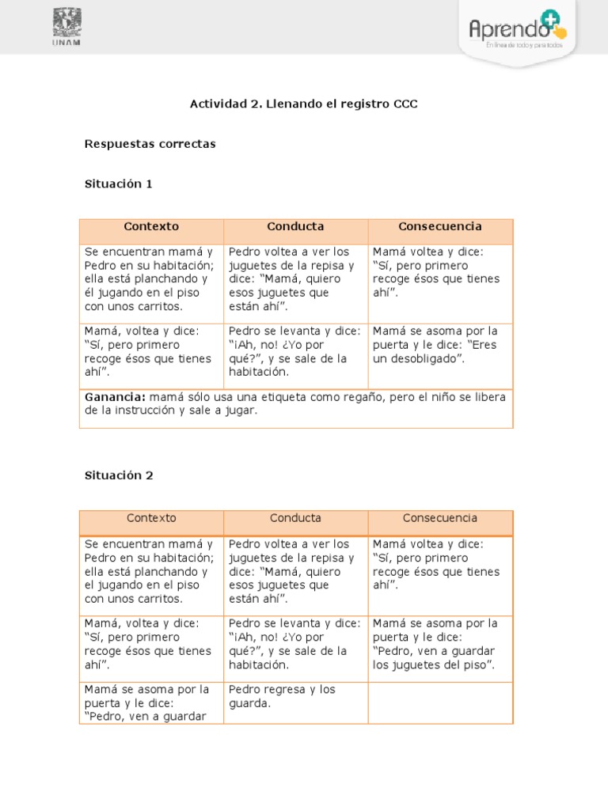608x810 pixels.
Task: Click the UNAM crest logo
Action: (x=67, y=21)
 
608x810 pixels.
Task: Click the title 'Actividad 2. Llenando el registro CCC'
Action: (x=303, y=104)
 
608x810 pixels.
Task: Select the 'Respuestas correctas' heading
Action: (x=150, y=144)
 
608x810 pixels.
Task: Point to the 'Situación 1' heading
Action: (x=118, y=184)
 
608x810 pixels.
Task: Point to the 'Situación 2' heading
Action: (x=119, y=475)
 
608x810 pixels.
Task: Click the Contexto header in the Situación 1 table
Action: (x=151, y=226)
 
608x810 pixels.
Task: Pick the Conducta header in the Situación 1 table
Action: (x=295, y=226)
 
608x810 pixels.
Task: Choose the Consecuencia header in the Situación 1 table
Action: (x=440, y=226)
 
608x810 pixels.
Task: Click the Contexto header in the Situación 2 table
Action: (x=151, y=518)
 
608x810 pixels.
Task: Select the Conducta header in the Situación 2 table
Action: (x=295, y=518)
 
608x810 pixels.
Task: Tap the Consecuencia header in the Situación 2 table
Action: (x=440, y=518)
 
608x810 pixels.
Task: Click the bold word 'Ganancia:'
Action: (x=115, y=397)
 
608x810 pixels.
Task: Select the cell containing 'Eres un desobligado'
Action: (x=440, y=345)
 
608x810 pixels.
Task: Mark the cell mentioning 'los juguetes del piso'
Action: (x=440, y=644)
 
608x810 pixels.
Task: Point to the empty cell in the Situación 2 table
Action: (x=440, y=702)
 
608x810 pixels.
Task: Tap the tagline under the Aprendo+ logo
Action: (x=524, y=45)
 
